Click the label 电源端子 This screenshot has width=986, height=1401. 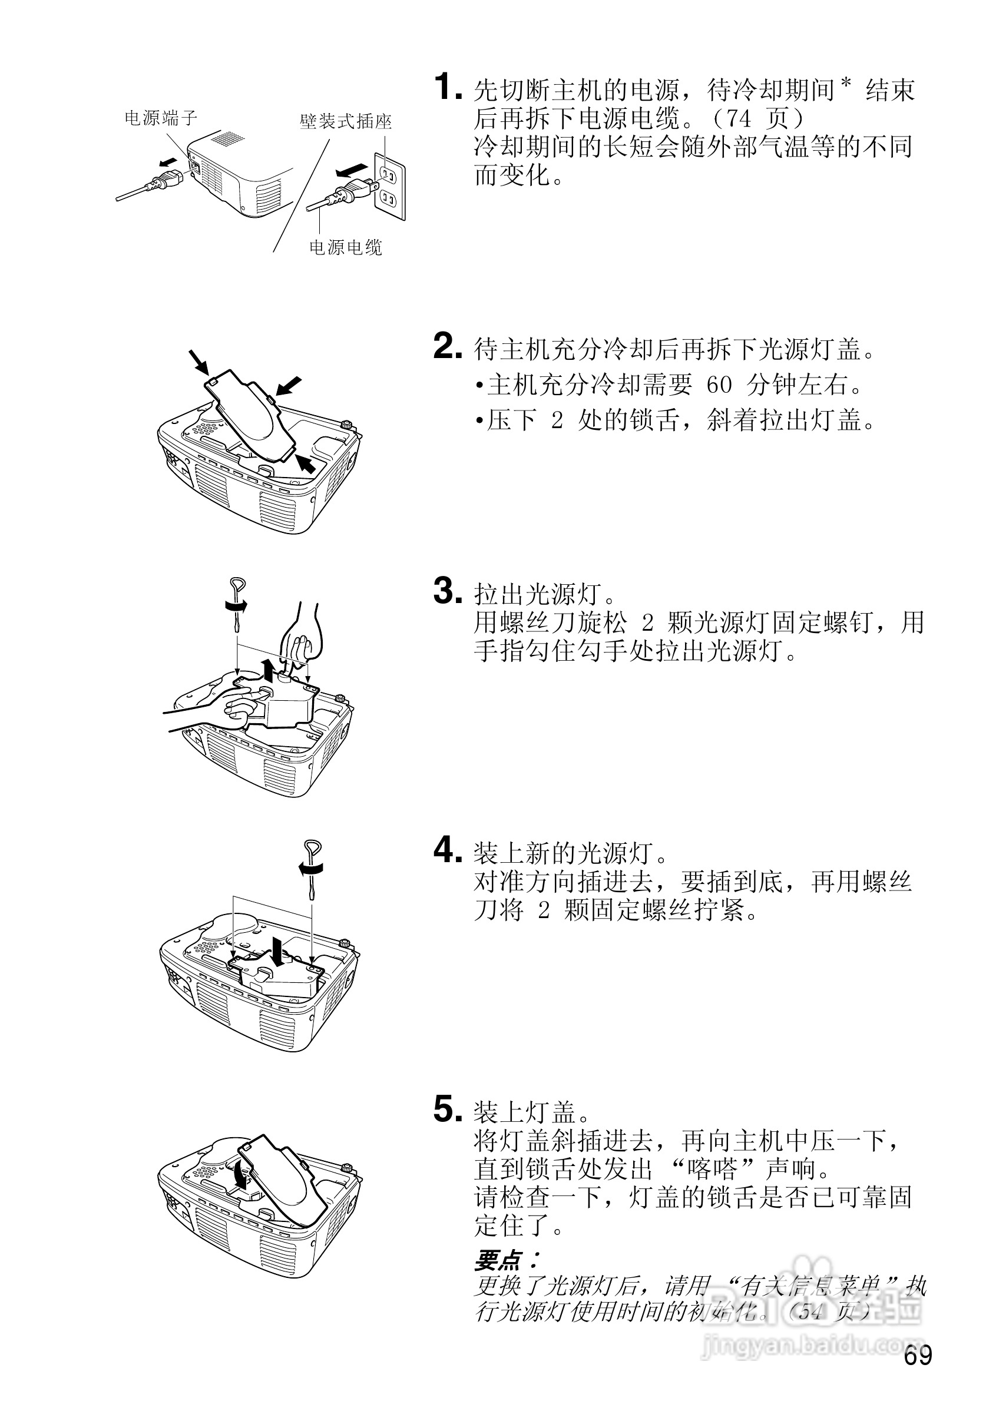(x=161, y=118)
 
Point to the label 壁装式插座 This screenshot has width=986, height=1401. (x=345, y=122)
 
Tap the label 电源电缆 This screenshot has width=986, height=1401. (x=345, y=248)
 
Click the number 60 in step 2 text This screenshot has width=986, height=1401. (x=719, y=385)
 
